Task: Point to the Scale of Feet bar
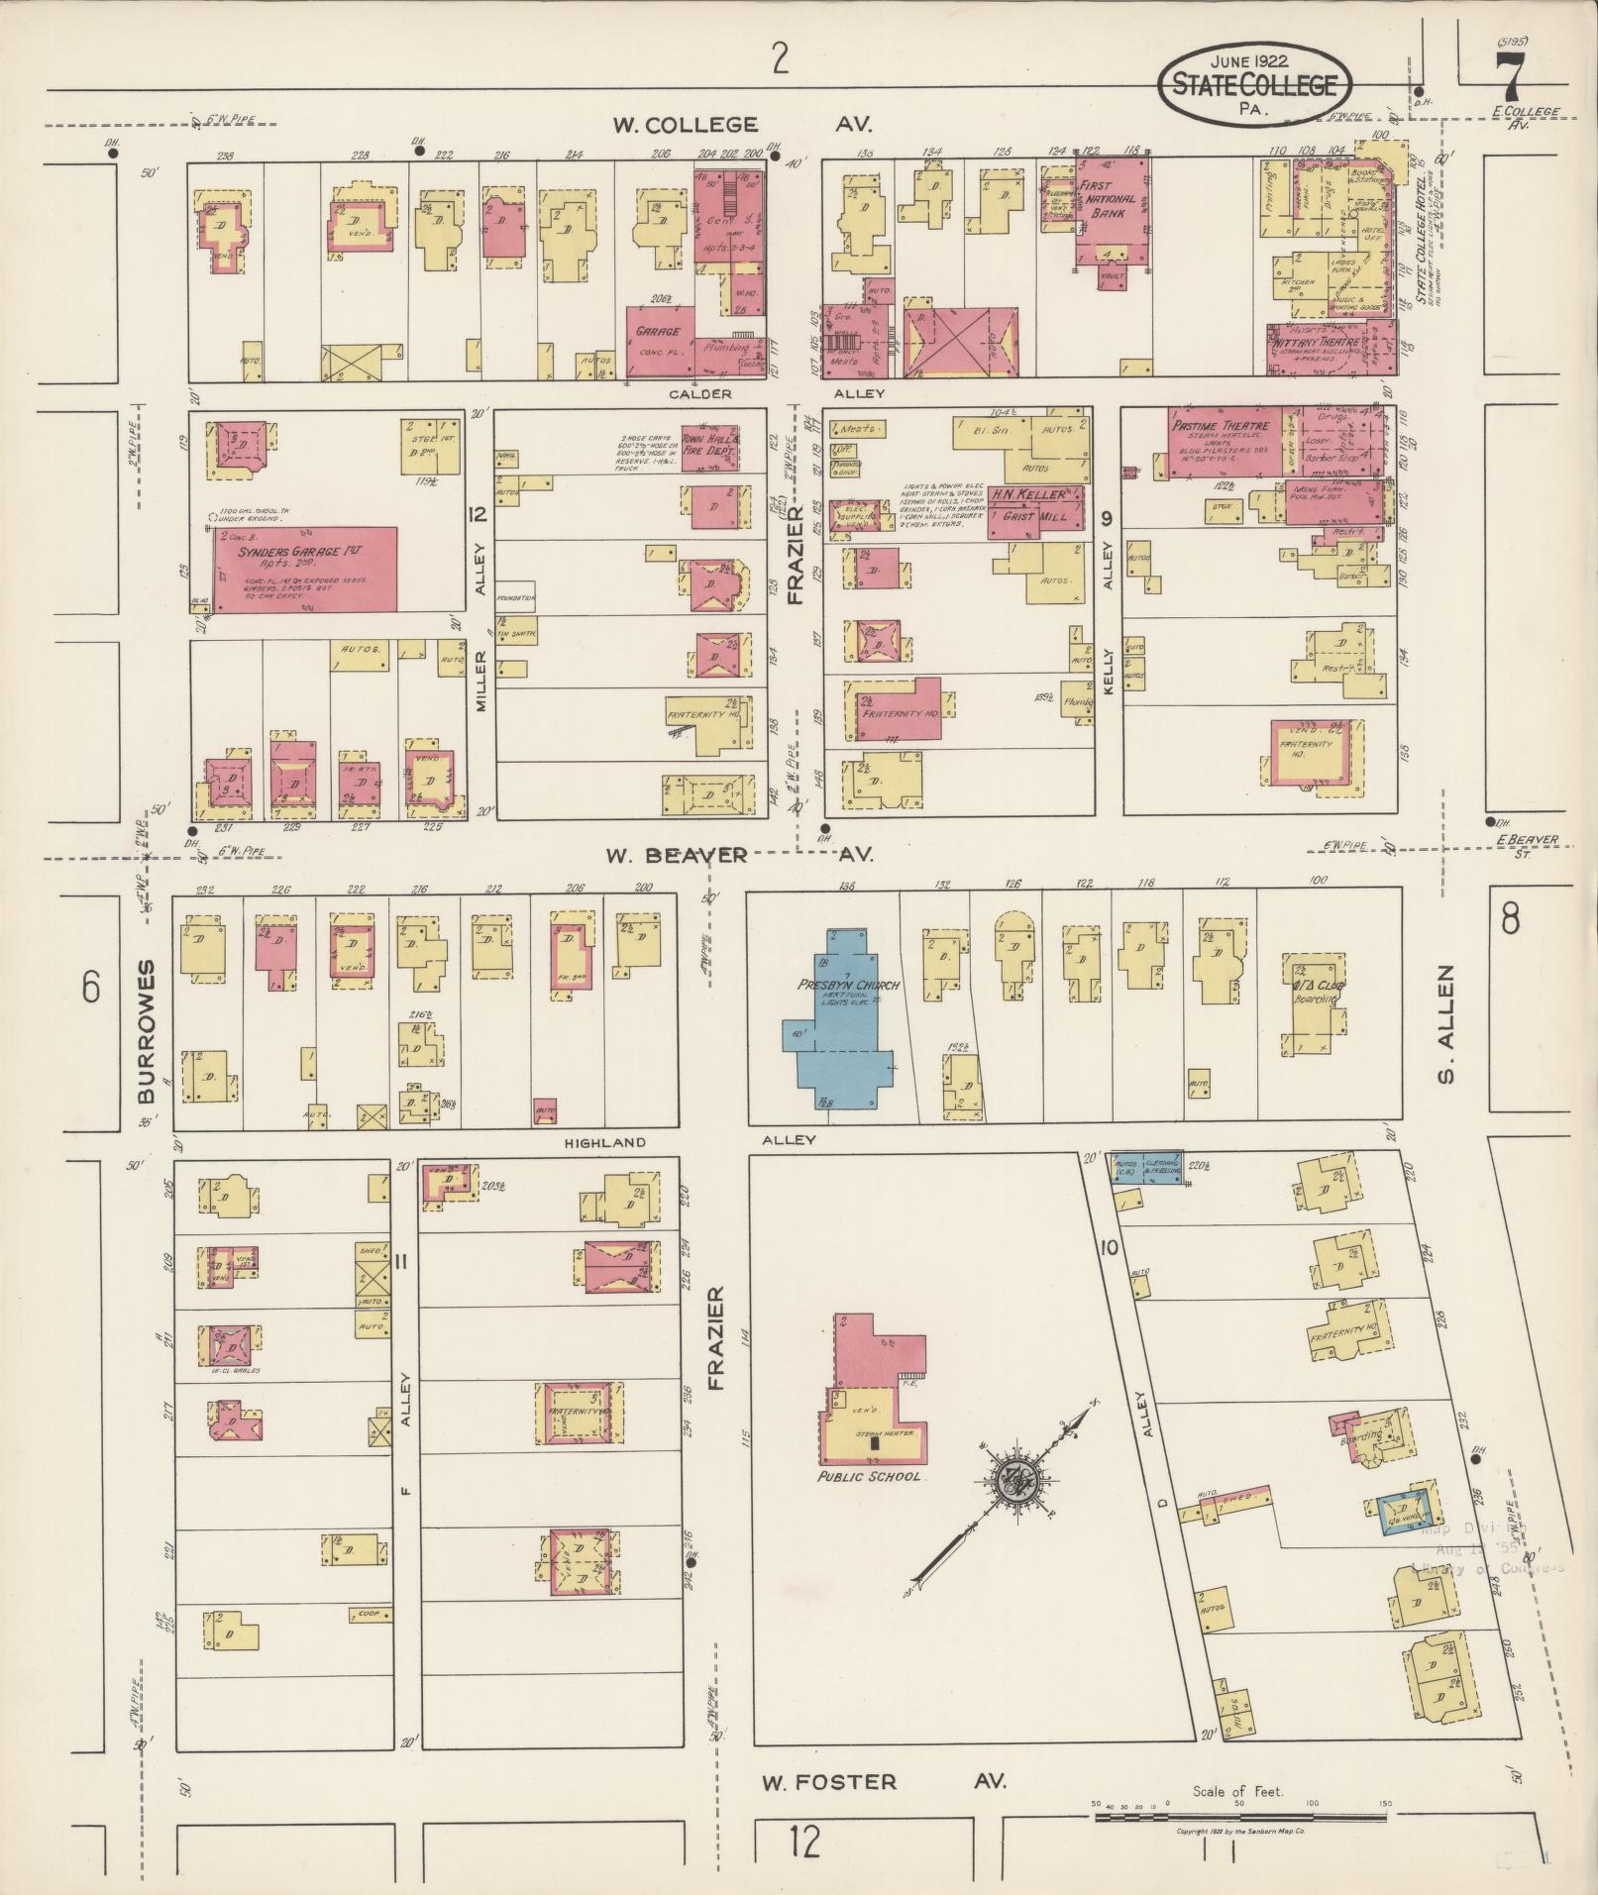tap(1238, 1817)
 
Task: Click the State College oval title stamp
tap(1253, 86)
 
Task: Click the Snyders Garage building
tap(306, 569)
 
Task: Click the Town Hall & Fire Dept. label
tap(707, 443)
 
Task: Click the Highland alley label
tap(604, 1142)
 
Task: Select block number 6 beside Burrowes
tap(91, 988)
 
